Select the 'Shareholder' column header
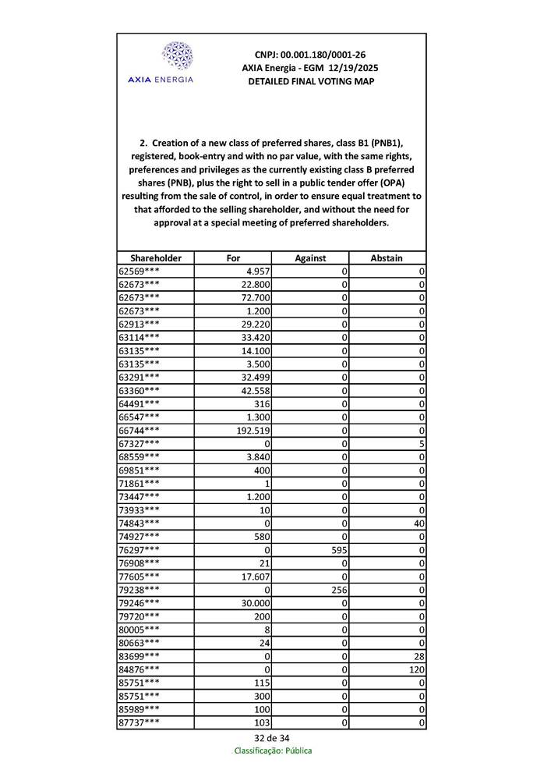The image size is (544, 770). [156, 258]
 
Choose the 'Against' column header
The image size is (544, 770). [310, 258]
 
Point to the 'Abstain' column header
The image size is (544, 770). [387, 258]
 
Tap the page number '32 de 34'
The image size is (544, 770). [272, 738]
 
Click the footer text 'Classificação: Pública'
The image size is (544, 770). [273, 750]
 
